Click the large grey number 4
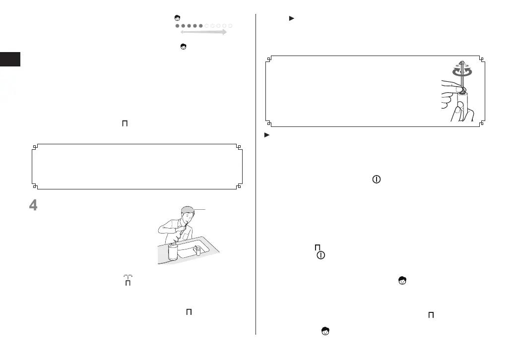33,206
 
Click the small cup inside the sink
198,250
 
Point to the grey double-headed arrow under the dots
200,32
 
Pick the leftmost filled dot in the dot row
178,25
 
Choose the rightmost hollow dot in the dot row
230,25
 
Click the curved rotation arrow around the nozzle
462,71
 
